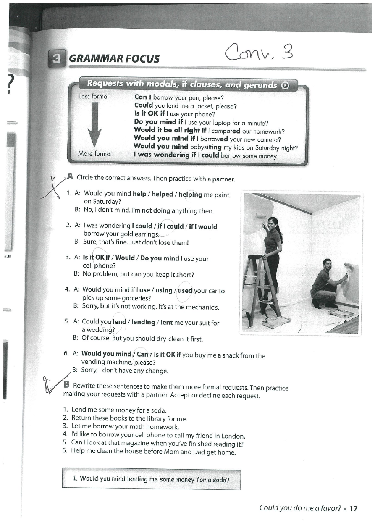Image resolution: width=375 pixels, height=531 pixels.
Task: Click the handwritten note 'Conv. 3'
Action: [258, 53]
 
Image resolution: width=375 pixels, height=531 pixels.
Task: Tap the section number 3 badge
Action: [56, 58]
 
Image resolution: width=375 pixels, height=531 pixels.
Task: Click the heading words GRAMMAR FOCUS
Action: [114, 59]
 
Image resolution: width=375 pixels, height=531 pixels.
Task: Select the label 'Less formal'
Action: [94, 97]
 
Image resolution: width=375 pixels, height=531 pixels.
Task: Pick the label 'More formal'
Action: [95, 154]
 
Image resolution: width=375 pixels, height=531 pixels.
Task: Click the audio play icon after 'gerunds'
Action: [285, 85]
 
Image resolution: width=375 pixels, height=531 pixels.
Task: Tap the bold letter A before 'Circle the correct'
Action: [70, 178]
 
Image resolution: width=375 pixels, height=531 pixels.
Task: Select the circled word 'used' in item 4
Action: [185, 290]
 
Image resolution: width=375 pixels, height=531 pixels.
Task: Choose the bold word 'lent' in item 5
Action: [166, 322]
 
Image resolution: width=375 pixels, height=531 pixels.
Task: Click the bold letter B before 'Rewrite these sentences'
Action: [66, 384]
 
